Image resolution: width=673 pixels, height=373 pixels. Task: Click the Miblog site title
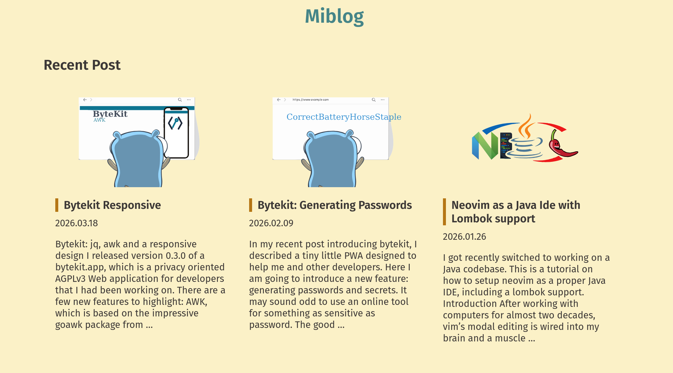click(334, 16)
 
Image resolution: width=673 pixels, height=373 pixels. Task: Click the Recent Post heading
click(82, 65)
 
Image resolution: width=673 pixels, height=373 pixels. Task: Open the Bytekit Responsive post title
click(112, 205)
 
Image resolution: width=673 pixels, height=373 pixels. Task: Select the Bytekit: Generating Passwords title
click(334, 205)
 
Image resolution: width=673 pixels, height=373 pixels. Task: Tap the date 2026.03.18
click(76, 223)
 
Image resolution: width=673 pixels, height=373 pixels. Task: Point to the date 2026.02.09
click(271, 223)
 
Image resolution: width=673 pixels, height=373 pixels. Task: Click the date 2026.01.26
click(464, 236)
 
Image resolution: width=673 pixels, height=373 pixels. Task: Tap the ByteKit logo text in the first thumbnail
click(110, 114)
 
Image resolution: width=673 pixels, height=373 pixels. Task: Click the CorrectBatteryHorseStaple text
click(344, 117)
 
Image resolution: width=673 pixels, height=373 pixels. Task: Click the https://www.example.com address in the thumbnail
click(310, 100)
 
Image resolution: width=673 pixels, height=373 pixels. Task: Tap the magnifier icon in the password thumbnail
click(374, 100)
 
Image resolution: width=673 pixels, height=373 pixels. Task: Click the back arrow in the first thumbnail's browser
click(85, 100)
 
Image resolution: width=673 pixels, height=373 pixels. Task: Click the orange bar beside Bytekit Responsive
click(57, 205)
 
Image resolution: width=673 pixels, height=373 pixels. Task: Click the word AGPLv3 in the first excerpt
click(70, 279)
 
